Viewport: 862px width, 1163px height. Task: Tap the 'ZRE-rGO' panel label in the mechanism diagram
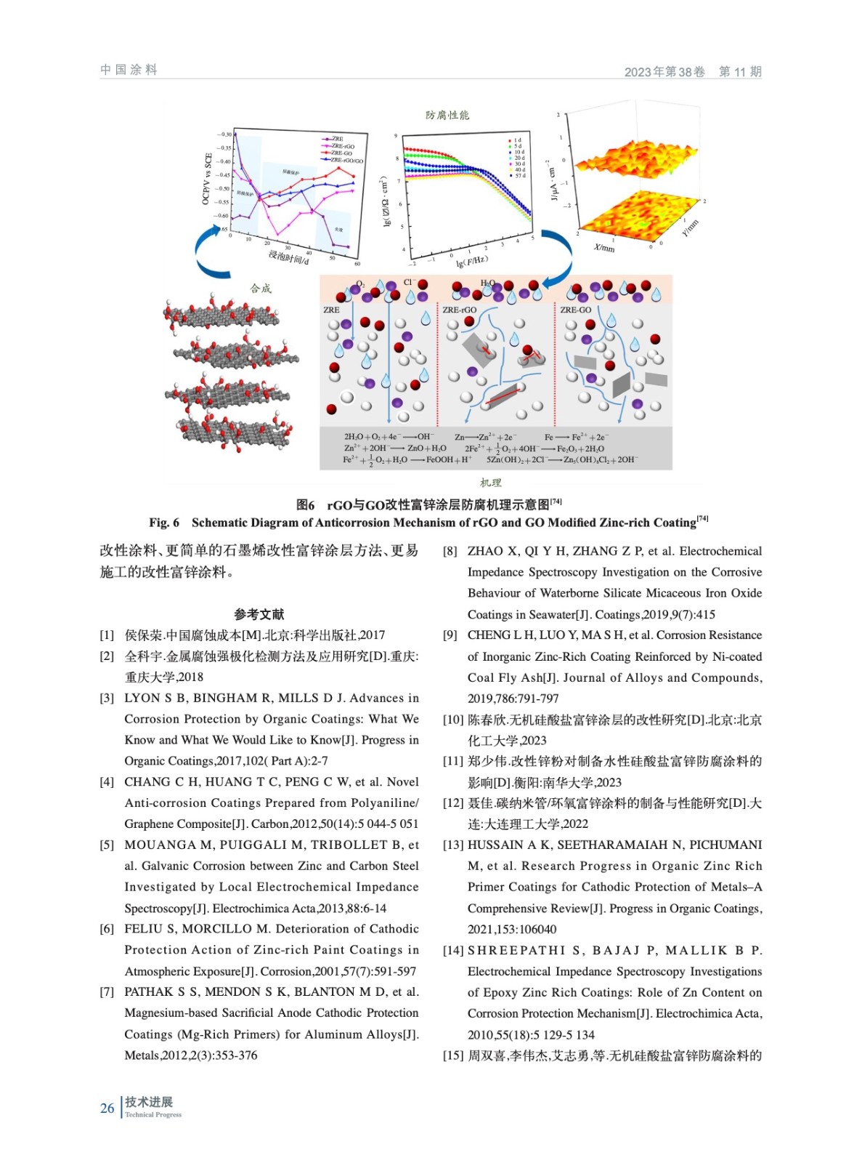(459, 310)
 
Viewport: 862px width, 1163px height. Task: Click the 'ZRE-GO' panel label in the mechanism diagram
(575, 310)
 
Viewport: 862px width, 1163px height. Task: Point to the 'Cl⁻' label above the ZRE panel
(409, 283)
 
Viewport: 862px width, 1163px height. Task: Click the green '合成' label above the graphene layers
(261, 289)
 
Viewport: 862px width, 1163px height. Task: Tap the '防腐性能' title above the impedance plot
(447, 115)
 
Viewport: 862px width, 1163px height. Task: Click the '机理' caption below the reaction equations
(491, 483)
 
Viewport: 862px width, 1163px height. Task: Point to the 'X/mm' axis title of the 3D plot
(604, 247)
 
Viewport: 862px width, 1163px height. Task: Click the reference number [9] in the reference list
(450, 635)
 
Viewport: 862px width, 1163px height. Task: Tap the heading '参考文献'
(259, 614)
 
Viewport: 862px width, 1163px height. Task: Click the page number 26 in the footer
(107, 1108)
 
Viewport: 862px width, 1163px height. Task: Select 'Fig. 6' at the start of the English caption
(164, 523)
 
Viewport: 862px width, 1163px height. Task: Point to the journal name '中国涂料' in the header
(129, 70)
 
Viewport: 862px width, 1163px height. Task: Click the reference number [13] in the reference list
(453, 845)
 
